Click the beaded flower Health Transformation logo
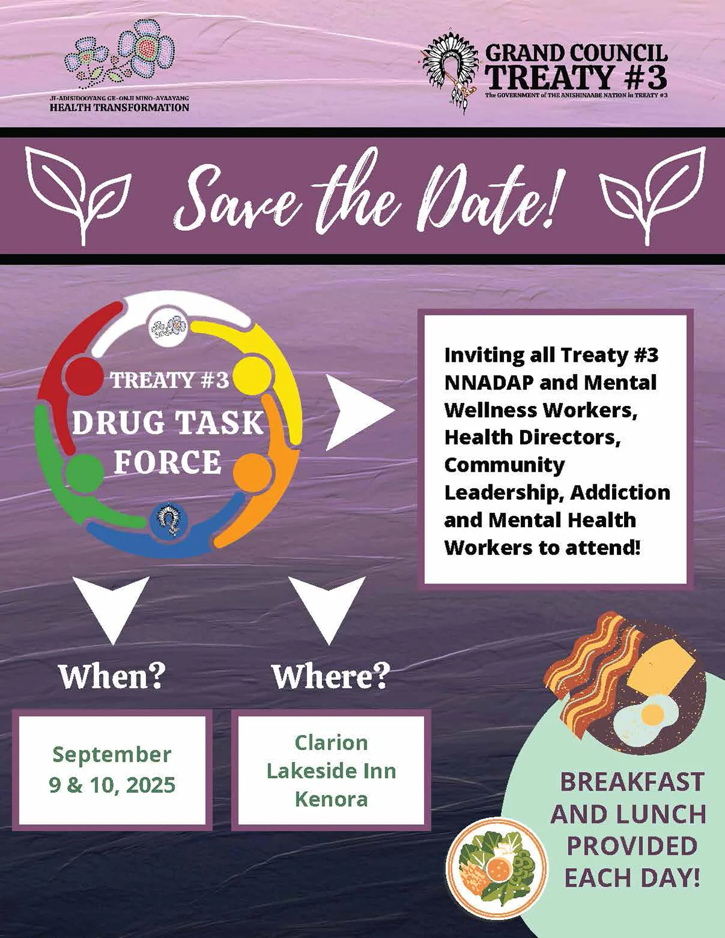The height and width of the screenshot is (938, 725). coord(120,56)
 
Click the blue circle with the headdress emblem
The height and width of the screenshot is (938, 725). coord(169,520)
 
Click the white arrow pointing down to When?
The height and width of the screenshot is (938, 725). coord(111,609)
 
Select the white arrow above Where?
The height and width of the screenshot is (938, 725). coord(327,609)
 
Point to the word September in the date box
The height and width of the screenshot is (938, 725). coord(112,755)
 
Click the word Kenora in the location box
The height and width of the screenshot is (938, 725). coord(331,800)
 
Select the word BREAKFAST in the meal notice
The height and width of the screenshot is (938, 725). coord(632,782)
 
